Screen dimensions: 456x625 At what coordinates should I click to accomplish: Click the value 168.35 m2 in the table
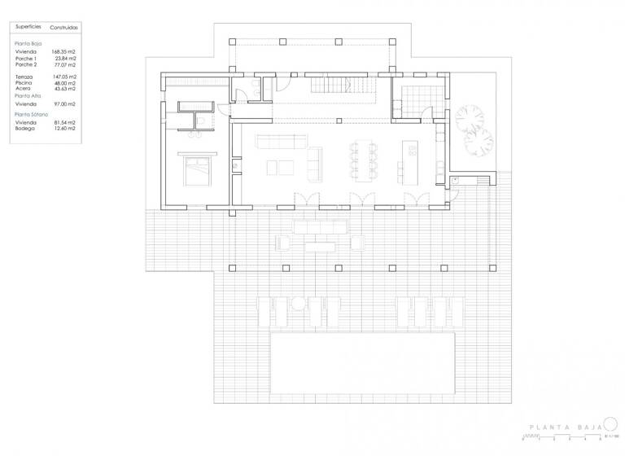[64, 51]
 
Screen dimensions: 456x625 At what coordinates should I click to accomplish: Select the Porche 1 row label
[25, 58]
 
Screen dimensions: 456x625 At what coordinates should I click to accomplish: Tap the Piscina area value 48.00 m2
[64, 82]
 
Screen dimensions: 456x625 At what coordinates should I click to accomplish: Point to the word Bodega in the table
[24, 128]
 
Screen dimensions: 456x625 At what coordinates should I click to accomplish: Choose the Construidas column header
[63, 27]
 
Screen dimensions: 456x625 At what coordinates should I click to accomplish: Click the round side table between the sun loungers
[298, 304]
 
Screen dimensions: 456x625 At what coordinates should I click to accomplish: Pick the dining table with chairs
[362, 160]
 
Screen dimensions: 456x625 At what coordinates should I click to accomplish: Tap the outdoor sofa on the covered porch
[320, 226]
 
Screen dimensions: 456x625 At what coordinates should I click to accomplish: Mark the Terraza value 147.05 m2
[64, 77]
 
